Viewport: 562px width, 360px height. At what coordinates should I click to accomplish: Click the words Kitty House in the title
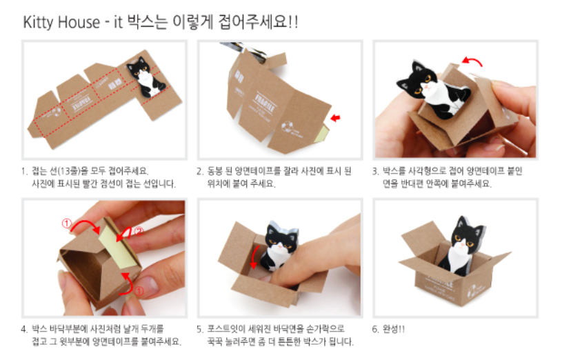tap(61, 22)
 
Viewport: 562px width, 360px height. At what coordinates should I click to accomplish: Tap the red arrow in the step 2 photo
tap(336, 118)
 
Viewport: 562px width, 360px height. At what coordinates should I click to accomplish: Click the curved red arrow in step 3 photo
tap(472, 61)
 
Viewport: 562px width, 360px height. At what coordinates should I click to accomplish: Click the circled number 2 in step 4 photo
tap(139, 231)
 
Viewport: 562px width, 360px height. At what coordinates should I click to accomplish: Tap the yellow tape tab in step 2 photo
tap(321, 133)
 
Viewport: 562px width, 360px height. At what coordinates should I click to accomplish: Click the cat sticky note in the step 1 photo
tap(146, 77)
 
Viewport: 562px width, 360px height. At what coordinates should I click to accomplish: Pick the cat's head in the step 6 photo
tap(466, 233)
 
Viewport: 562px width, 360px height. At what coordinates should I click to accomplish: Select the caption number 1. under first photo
tap(24, 171)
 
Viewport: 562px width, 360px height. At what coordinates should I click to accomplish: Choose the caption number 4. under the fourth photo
tap(24, 329)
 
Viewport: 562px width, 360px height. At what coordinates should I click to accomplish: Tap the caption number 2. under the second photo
tap(200, 171)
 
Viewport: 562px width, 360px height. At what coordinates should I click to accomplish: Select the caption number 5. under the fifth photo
tap(200, 329)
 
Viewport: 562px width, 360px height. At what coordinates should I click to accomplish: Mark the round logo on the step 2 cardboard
tap(287, 127)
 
